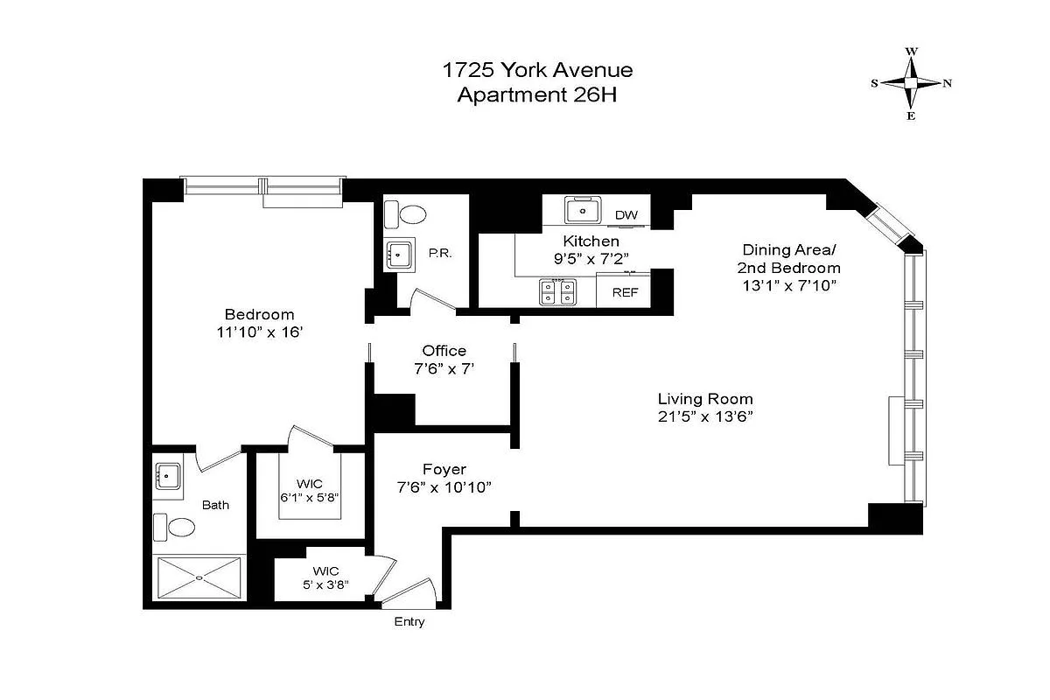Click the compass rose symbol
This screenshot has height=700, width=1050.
pos(911,83)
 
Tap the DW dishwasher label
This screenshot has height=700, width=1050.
pos(626,214)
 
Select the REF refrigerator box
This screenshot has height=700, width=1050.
pos(625,292)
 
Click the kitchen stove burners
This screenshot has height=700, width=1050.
pos(557,291)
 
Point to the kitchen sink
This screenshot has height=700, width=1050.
pos(579,210)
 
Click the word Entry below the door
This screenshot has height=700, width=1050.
pos(409,622)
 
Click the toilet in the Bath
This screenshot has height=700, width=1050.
pos(174,528)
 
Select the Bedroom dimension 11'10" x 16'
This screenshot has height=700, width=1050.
pos(260,332)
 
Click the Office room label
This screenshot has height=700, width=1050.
pos(444,351)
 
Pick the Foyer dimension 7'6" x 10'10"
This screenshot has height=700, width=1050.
pos(444,486)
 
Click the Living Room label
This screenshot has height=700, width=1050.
pos(705,399)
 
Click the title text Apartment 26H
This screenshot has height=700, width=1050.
pos(537,94)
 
